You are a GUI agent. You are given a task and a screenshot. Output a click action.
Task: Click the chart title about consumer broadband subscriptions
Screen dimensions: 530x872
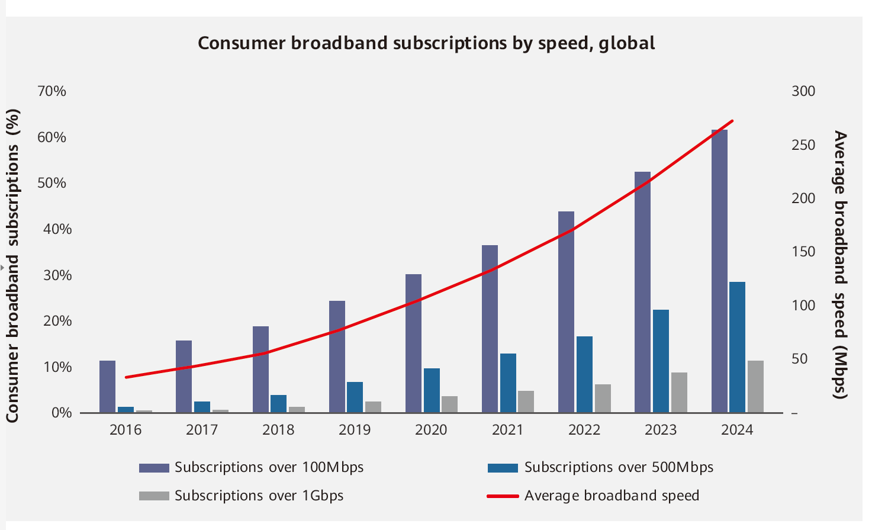tap(426, 43)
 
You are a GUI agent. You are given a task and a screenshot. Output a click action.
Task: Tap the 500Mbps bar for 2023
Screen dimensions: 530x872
tap(661, 361)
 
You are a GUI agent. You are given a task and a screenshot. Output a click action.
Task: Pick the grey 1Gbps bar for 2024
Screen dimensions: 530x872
tap(755, 386)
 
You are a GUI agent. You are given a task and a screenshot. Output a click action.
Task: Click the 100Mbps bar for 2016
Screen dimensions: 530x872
tap(107, 386)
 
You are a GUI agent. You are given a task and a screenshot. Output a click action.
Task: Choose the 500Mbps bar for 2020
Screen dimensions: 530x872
tap(432, 390)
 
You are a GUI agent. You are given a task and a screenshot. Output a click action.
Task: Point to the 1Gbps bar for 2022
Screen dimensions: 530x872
tap(603, 398)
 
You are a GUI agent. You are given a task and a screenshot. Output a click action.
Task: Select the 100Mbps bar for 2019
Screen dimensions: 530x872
tap(337, 356)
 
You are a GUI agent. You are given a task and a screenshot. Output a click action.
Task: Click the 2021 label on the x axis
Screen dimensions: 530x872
tap(507, 430)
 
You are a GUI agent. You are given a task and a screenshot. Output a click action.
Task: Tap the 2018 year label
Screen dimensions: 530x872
tap(278, 430)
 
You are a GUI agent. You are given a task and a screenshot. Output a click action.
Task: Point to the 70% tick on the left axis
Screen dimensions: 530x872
tap(52, 91)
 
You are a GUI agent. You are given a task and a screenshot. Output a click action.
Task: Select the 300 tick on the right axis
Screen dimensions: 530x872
tap(803, 91)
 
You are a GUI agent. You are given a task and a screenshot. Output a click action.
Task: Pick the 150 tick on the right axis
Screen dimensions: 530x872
tap(803, 252)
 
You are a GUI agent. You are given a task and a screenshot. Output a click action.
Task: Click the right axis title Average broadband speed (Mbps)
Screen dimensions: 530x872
tap(841, 265)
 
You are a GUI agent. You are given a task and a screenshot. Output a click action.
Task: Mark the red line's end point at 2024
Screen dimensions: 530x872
tap(733, 121)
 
